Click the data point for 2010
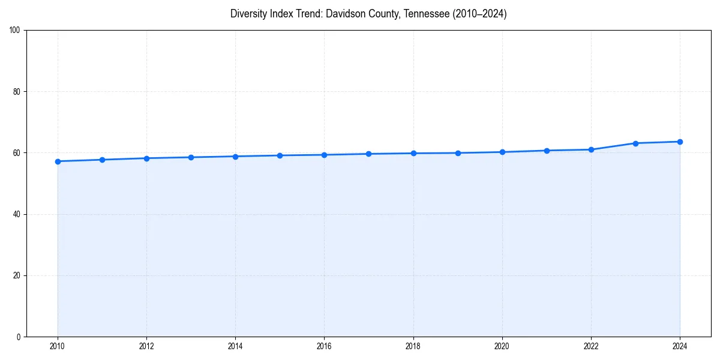pos(58,161)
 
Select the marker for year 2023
pos(635,143)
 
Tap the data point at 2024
pos(680,142)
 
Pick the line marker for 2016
pos(324,155)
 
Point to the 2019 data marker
pos(458,153)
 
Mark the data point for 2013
pos(191,157)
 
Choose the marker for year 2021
pos(547,151)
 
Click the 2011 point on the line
pos(102,160)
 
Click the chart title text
pos(368,14)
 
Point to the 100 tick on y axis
pos(15,31)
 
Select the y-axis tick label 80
pos(17,92)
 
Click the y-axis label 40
pos(17,214)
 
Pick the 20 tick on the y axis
pos(17,275)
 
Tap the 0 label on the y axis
pos(19,337)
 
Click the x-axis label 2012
pos(146,346)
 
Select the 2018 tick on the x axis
pos(413,346)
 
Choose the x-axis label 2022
pos(591,346)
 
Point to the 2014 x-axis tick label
pos(235,346)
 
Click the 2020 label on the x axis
pos(502,346)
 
